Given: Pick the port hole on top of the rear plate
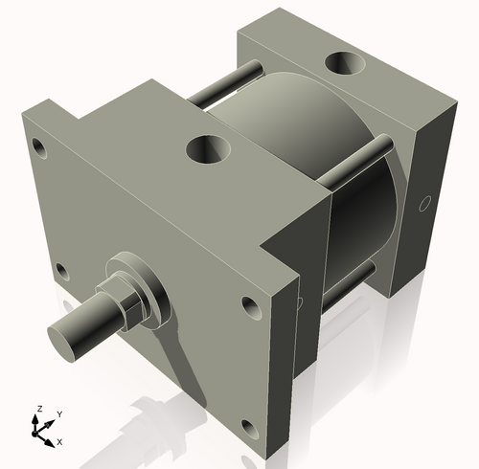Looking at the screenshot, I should pyautogui.click(x=345, y=65).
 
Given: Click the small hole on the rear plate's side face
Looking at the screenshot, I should pyautogui.click(x=424, y=203).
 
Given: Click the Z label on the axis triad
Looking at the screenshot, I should pyautogui.click(x=39, y=409).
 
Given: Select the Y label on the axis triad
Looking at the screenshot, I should pyautogui.click(x=58, y=413).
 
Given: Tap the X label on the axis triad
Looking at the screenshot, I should pyautogui.click(x=60, y=441).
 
